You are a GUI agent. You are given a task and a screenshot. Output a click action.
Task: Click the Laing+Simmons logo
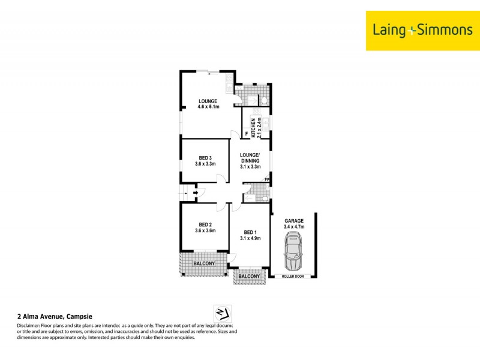tap(422, 29)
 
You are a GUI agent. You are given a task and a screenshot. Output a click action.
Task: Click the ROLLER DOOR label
tap(294, 276)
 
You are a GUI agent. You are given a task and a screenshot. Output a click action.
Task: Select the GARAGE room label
tap(294, 221)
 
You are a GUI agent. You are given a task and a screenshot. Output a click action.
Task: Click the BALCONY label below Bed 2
tap(204, 263)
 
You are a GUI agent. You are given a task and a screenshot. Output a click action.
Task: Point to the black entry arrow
tap(196, 193)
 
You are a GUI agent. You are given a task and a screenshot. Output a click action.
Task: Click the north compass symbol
tap(223, 313)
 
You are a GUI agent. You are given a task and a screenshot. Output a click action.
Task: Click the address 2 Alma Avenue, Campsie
tap(55, 316)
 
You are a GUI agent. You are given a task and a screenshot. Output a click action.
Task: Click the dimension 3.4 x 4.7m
tap(294, 227)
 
